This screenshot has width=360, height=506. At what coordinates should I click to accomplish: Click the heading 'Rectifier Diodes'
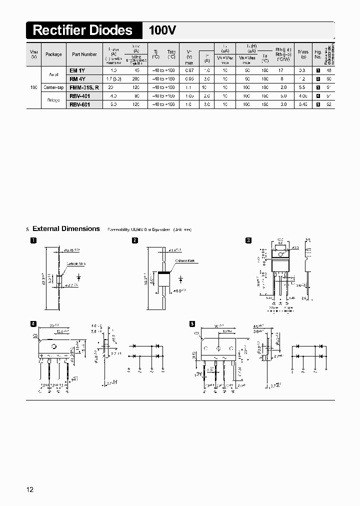(x=82, y=30)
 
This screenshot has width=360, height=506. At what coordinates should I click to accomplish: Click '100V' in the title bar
(x=162, y=30)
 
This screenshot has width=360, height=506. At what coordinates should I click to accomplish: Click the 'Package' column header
(x=53, y=54)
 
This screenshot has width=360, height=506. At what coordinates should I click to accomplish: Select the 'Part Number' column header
(x=84, y=54)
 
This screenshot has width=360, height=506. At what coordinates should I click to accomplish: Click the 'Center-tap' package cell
(x=53, y=87)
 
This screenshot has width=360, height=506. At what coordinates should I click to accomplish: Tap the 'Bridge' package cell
(x=53, y=100)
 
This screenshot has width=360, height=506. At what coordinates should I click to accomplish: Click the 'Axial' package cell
(x=53, y=74)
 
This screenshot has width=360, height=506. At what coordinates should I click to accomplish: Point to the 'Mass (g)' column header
(x=302, y=54)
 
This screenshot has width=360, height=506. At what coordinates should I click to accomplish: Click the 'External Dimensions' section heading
(x=66, y=228)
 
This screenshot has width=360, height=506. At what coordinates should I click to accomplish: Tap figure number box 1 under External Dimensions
(x=33, y=240)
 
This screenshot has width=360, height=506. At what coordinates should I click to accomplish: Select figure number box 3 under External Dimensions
(x=248, y=240)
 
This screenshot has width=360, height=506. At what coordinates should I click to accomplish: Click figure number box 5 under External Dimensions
(x=192, y=323)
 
